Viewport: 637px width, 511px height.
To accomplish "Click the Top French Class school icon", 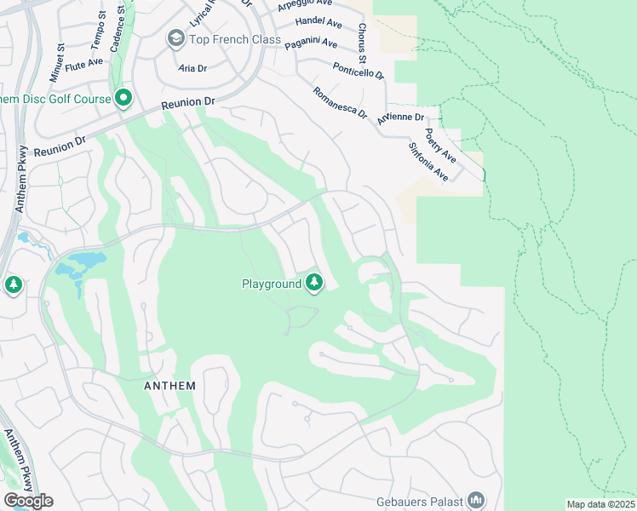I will [176, 37].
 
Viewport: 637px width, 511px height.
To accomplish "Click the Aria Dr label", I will [193, 66].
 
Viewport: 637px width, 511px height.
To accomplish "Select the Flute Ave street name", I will [83, 62].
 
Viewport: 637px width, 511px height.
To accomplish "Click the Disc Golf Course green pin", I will [123, 99].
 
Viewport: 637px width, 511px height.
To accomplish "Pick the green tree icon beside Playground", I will [314, 282].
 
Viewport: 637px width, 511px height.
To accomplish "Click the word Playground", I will [272, 284].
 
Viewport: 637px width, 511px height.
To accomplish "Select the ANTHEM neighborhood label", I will [169, 386].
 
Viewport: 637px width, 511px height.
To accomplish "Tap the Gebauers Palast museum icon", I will [477, 500].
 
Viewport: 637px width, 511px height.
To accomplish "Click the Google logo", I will [28, 501].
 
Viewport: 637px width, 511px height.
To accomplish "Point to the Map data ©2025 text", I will [600, 504].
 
